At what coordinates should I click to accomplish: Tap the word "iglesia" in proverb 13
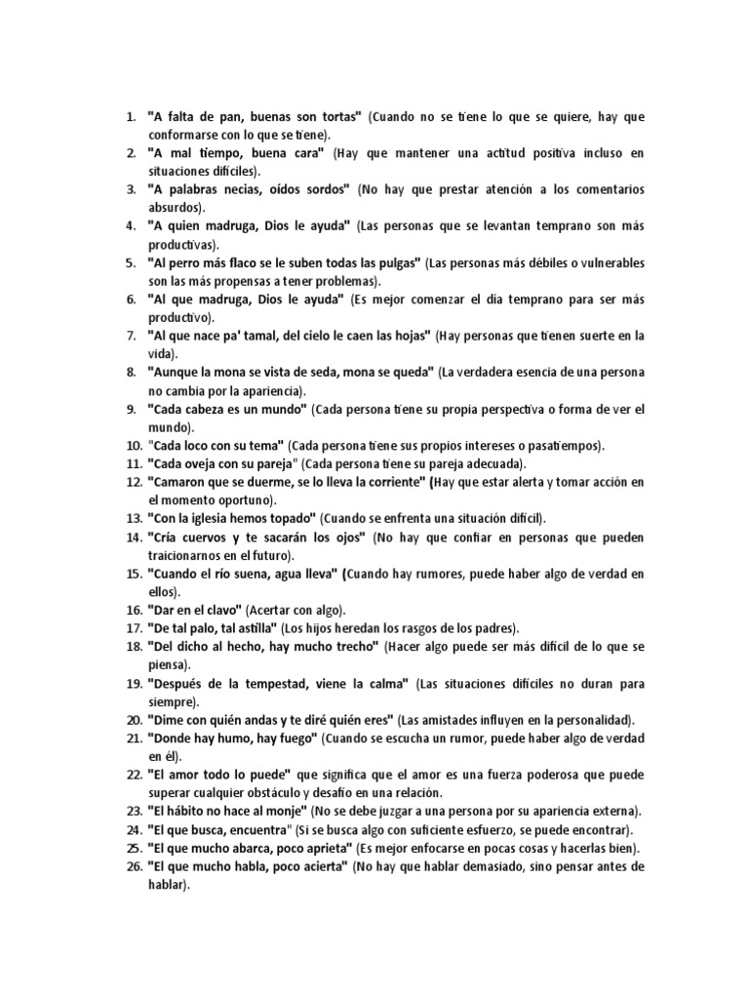pos(215,518)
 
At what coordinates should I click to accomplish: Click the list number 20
pos(134,719)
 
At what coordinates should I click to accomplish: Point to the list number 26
pos(134,864)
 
